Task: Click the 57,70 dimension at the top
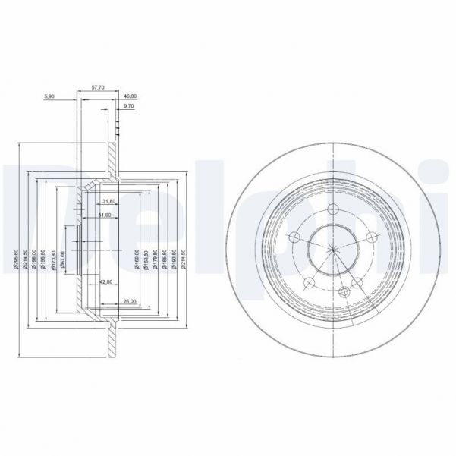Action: (x=98, y=87)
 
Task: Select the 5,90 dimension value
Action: (x=49, y=97)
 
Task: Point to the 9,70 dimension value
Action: (x=129, y=107)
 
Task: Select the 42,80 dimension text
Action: (x=107, y=281)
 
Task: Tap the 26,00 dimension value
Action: (x=129, y=301)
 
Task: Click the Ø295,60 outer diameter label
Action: (x=16, y=259)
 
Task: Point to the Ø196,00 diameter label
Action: (x=34, y=259)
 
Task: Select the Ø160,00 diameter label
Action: (x=137, y=258)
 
